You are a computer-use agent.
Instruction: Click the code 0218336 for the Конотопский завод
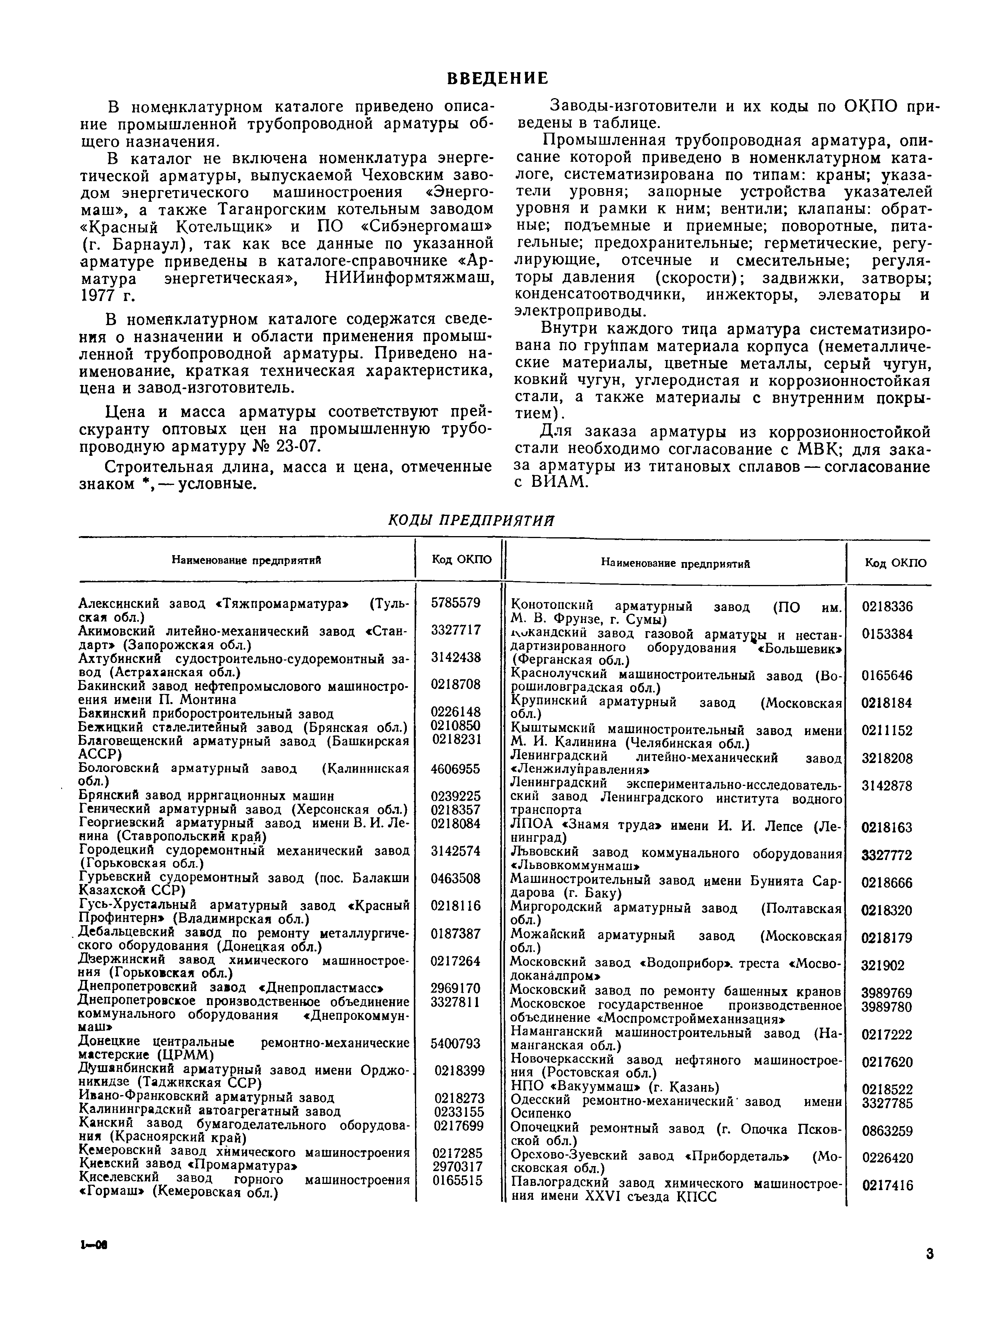887,607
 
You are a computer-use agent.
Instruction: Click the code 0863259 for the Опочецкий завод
887,1131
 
